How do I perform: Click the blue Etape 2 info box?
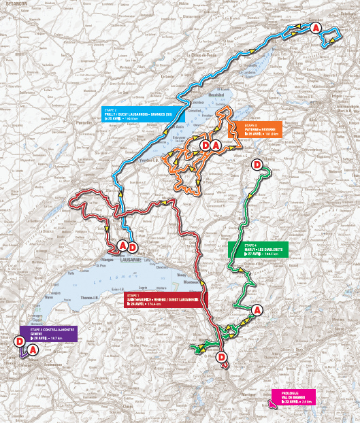point(140,114)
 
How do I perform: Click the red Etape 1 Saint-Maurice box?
point(162,301)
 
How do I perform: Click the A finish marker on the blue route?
point(316,28)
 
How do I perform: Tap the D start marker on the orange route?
point(205,145)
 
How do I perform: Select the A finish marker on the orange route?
point(216,145)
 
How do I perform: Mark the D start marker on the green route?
point(257,165)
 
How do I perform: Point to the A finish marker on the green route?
point(257,310)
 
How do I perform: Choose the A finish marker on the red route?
point(122,245)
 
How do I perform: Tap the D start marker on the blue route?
point(133,246)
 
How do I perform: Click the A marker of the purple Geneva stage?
point(33,350)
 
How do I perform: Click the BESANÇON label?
point(14,3)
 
